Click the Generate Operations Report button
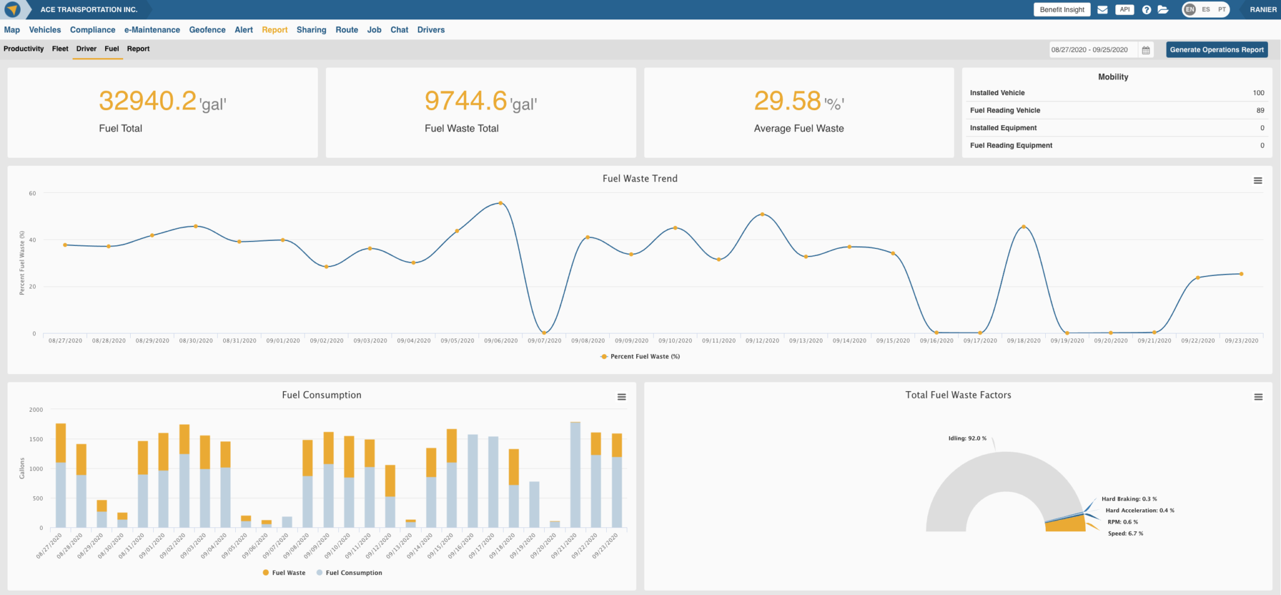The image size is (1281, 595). point(1217,49)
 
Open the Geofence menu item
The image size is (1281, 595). point(207,29)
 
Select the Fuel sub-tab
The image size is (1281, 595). point(111,49)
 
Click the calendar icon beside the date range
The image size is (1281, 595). point(1146,50)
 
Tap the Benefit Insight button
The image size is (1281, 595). point(1061,9)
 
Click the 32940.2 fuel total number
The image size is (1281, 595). point(148,101)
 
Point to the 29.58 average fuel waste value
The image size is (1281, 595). point(787,101)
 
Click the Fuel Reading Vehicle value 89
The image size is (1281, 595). point(1260,110)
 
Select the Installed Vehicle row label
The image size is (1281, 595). point(997,93)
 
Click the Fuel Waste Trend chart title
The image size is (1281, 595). point(639,178)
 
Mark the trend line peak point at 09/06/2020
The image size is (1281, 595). point(500,203)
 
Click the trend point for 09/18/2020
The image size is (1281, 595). point(1023,226)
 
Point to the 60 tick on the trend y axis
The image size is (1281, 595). point(33,193)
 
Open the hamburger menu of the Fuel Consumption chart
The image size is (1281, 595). point(621,397)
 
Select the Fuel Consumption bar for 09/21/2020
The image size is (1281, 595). point(575,475)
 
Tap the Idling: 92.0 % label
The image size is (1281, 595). point(967,438)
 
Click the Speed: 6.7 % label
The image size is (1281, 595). point(1125,534)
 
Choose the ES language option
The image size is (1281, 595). point(1205,9)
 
